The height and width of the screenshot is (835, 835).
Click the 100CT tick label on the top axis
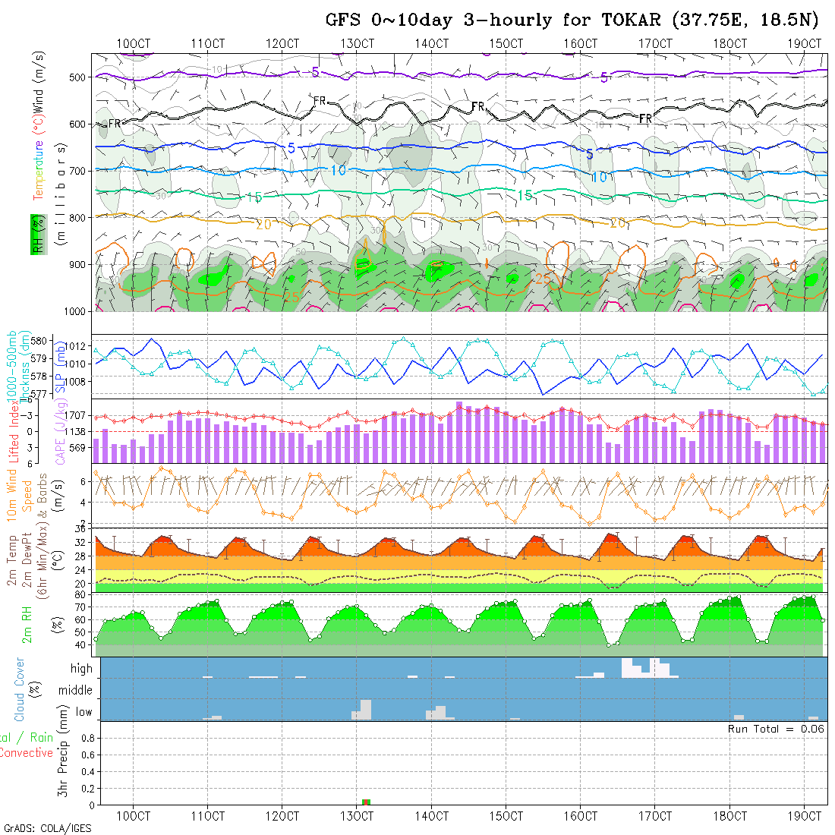point(133,43)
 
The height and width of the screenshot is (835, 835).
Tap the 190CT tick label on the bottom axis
point(805,816)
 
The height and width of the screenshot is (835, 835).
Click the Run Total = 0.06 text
point(776,729)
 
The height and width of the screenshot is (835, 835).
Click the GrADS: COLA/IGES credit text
point(47,828)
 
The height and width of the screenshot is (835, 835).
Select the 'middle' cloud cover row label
point(76,691)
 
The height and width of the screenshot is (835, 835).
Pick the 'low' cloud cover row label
point(83,712)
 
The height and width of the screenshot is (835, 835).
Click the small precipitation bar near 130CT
point(366,802)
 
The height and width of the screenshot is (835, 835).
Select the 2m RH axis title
point(27,624)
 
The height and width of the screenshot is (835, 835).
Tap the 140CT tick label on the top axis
point(431,43)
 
